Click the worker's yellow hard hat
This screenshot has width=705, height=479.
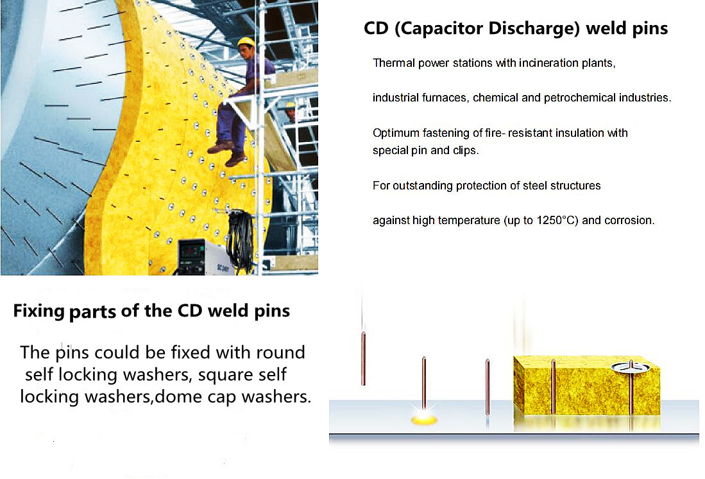click(246, 42)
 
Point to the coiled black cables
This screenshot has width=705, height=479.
click(242, 240)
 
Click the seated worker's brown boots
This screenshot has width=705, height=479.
click(228, 153)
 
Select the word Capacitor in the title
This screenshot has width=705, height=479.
click(441, 29)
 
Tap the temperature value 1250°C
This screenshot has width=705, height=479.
click(557, 220)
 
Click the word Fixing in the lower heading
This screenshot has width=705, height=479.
click(39, 311)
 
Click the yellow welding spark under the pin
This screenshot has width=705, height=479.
click(424, 419)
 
